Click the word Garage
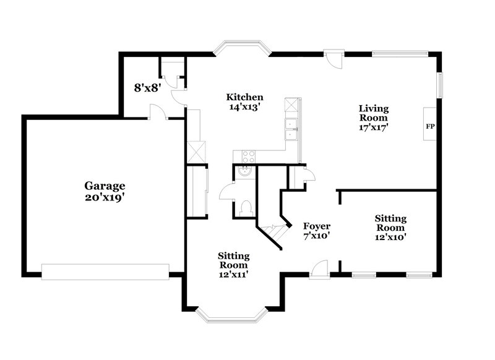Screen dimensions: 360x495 click(105, 186)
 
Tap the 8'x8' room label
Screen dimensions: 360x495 click(148, 88)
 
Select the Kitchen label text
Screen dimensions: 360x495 click(245, 97)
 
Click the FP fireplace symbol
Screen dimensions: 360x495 click(430, 127)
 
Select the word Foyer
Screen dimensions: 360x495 click(316, 226)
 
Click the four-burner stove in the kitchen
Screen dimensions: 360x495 click(248, 156)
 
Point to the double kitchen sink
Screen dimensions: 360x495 click(290, 130)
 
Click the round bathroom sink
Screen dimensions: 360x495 click(246, 173)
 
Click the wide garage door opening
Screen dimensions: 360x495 click(105, 270)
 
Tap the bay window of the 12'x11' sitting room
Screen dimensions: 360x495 click(233, 315)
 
